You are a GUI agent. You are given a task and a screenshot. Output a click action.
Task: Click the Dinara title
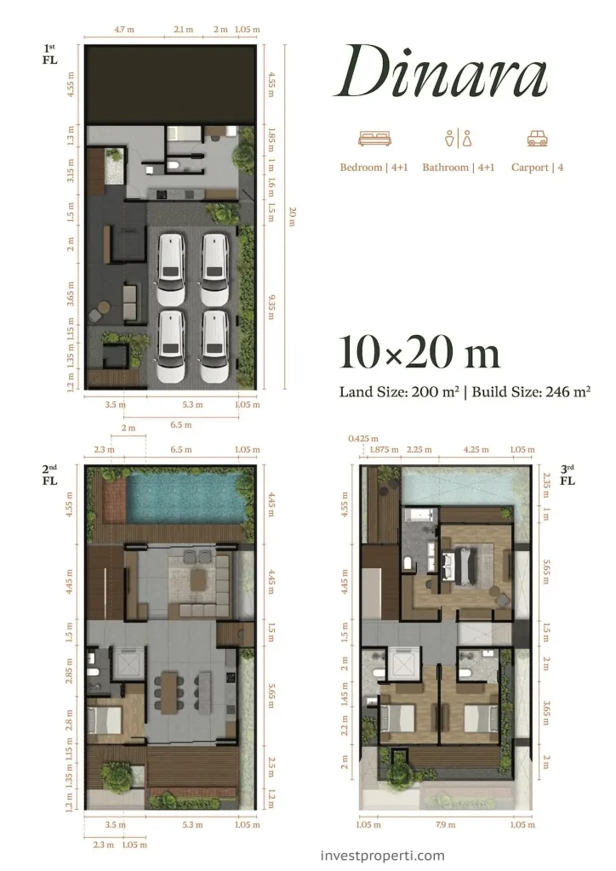point(442,72)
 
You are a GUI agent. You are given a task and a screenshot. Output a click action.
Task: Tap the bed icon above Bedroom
point(375,139)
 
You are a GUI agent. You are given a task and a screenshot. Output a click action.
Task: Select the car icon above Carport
point(537,139)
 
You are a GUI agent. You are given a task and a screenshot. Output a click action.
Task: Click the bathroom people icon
point(459,139)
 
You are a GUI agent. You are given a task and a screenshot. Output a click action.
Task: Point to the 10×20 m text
point(419,353)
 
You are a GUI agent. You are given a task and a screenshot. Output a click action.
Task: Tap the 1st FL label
point(50,54)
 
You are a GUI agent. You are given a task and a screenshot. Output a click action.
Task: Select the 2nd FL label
point(50,475)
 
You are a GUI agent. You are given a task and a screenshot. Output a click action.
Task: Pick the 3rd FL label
point(567,475)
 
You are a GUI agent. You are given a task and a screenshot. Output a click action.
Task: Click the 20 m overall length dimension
point(293,217)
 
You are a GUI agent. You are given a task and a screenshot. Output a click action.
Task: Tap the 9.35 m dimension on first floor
point(271,307)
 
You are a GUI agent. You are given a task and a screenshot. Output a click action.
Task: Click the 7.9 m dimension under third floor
point(446,825)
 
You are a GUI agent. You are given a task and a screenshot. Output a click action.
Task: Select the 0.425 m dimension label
point(363,439)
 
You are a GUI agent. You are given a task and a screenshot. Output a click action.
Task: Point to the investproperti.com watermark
point(384,856)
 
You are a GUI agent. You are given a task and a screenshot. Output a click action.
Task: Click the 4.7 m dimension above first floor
point(124,30)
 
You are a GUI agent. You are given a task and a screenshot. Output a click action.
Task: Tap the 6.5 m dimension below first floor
point(181,425)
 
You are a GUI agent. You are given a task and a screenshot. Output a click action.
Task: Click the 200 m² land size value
point(435,391)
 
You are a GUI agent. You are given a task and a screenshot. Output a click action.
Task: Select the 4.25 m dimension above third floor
point(476,449)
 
